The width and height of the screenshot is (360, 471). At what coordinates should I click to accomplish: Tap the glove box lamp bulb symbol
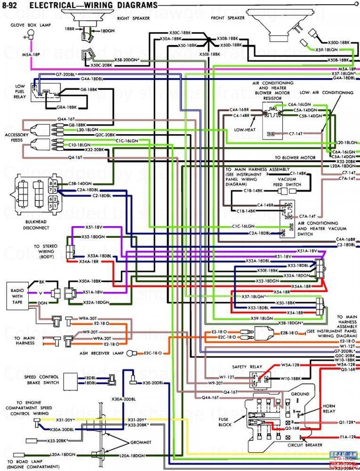click(31, 32)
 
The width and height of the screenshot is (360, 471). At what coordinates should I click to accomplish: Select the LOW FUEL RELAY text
click(20, 91)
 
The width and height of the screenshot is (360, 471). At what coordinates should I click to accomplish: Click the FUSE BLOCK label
click(225, 422)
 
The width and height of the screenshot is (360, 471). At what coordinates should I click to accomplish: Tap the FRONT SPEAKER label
click(228, 18)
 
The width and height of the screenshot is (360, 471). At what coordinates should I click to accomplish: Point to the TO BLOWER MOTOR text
click(295, 157)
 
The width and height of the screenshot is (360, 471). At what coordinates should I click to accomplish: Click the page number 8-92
click(12, 6)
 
